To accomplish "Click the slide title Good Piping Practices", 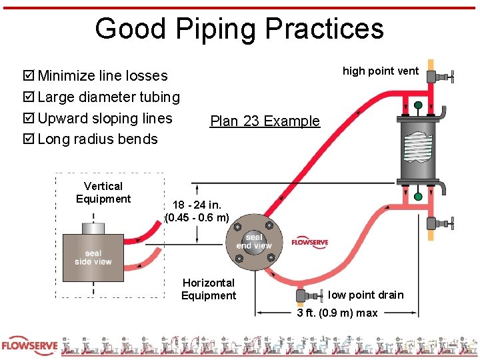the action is [x=239, y=29].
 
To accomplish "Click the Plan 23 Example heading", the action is [x=265, y=121].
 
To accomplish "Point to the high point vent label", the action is [x=381, y=71].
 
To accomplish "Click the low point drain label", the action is [x=366, y=295].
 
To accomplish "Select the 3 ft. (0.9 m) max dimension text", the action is [x=337, y=313].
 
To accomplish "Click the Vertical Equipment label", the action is [x=103, y=193].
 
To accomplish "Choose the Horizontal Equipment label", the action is [x=209, y=289].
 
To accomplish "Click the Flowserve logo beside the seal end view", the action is [x=309, y=242].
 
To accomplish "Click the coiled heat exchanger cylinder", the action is [x=418, y=149].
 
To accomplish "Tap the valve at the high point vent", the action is [x=441, y=77].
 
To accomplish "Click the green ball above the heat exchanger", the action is [x=418, y=105].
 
